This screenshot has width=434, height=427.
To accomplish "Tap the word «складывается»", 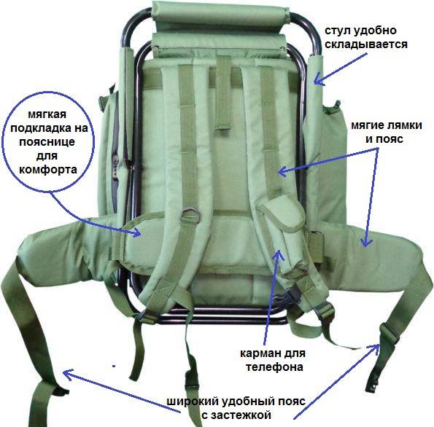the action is pyautogui.click(x=366, y=44).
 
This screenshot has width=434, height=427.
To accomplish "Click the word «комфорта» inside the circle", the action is pyautogui.click(x=48, y=169).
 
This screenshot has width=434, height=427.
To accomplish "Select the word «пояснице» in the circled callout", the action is pyautogui.click(x=47, y=141).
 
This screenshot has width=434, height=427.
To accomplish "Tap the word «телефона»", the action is pyautogui.click(x=274, y=367).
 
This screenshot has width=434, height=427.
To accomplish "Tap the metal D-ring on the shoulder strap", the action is pyautogui.click(x=190, y=215).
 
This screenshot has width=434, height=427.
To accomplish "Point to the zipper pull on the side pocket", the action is pyautogui.click(x=115, y=162).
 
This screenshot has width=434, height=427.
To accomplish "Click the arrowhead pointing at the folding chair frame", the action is pyautogui.click(x=318, y=79).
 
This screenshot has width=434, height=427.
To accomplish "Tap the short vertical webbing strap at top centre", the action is pyautogui.click(x=222, y=93).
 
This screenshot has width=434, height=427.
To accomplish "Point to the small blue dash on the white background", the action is pyautogui.click(x=114, y=367).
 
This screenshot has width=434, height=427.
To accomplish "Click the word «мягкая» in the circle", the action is pyautogui.click(x=47, y=114).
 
